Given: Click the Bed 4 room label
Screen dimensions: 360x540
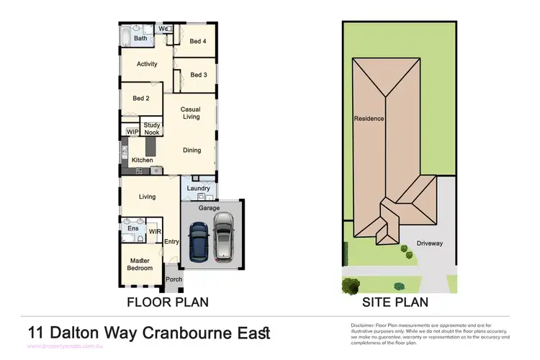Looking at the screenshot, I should (198, 42).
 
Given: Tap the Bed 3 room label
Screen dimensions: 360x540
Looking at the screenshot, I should (198, 75).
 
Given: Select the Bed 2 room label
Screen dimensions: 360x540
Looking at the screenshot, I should (140, 99).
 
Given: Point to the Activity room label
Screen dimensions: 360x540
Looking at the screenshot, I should (147, 64).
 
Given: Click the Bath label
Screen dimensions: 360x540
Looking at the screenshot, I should (140, 38).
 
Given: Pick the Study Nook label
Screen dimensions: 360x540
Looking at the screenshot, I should (152, 129).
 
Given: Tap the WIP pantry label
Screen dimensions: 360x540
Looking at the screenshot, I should (132, 132).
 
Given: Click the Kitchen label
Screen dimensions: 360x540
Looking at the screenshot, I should (143, 159).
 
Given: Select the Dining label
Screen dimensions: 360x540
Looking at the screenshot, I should (192, 150).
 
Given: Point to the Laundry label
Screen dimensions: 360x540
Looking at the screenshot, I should (198, 189).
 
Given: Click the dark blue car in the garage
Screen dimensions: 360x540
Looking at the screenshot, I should (198, 241).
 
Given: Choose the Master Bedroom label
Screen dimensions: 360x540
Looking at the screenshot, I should (140, 264).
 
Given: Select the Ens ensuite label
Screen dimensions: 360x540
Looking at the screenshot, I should (133, 229).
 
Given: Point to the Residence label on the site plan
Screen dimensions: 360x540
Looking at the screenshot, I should (369, 118).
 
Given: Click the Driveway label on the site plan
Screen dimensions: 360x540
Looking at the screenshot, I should (430, 243).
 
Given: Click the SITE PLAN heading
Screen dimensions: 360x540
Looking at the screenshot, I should (395, 302).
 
